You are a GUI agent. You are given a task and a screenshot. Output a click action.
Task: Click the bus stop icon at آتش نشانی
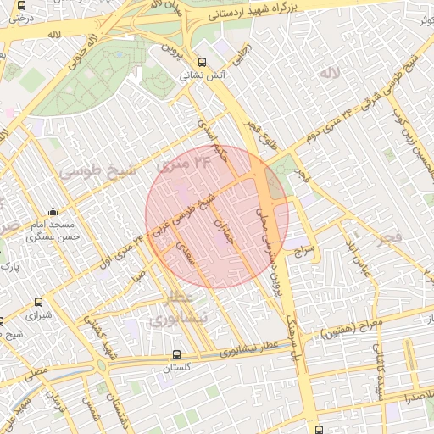point(201,62)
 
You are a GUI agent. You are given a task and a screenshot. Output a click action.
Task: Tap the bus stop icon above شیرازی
point(39,302)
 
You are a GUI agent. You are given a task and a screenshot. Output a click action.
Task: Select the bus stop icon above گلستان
point(175,355)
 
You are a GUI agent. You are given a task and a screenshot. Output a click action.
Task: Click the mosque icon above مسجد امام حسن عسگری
point(54,212)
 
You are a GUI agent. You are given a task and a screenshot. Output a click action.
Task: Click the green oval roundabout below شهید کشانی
point(102,366)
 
